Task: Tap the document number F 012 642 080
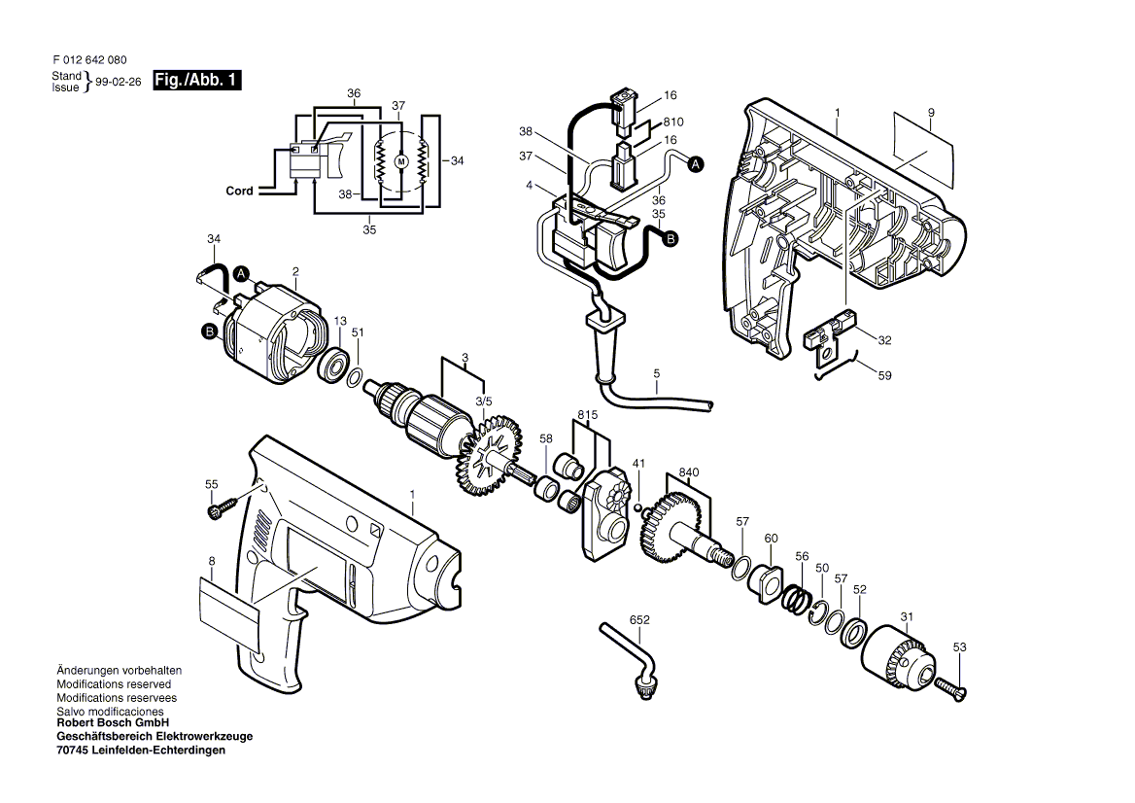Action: tap(89, 60)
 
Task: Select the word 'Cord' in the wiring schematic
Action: tap(239, 192)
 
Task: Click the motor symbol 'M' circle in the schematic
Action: tap(400, 160)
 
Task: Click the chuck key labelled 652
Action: tap(628, 655)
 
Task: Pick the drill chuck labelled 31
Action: tap(899, 660)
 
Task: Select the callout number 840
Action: tap(689, 472)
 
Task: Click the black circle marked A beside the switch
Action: tap(696, 166)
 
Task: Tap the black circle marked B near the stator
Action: tap(209, 332)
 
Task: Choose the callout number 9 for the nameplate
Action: tap(930, 113)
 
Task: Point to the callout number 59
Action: tap(884, 374)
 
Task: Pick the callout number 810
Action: tap(673, 122)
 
